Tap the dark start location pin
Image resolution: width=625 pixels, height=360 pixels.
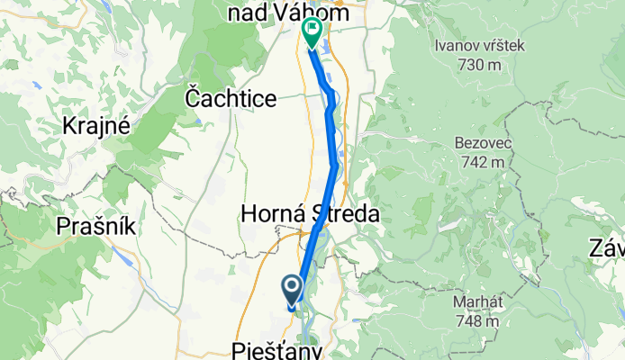[x=293, y=289]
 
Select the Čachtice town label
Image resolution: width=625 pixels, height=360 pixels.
[x=231, y=97]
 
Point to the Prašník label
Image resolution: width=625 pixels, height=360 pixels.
[x=96, y=226]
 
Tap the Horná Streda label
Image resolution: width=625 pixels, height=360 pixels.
[x=308, y=214]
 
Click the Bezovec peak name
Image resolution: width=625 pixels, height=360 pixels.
[x=481, y=144]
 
